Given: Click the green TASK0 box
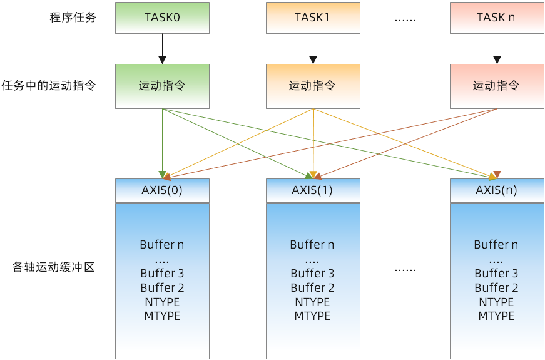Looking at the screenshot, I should tap(162, 18).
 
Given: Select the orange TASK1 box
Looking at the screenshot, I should tap(312, 18).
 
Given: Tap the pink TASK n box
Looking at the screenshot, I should tap(496, 18).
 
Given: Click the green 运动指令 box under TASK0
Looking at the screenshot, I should tap(162, 86).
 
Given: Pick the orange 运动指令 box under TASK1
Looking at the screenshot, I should tap(312, 86).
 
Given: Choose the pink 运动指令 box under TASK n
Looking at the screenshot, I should tap(496, 86).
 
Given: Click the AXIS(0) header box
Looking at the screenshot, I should tap(162, 190).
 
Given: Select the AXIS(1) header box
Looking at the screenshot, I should tap(312, 190).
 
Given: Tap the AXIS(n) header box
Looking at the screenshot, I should tap(496, 190).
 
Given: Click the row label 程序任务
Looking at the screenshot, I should tap(73, 18).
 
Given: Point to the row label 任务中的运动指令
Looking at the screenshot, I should tap(49, 86).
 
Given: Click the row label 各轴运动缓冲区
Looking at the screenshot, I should tap(54, 268).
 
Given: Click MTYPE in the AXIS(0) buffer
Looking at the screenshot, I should tap(162, 316).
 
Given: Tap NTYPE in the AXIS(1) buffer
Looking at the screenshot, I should tap(312, 302).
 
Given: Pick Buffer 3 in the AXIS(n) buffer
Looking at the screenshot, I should tap(496, 273).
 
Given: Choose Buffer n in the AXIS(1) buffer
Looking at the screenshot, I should tap(312, 244).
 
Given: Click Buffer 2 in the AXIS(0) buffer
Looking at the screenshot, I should tap(162, 287).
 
